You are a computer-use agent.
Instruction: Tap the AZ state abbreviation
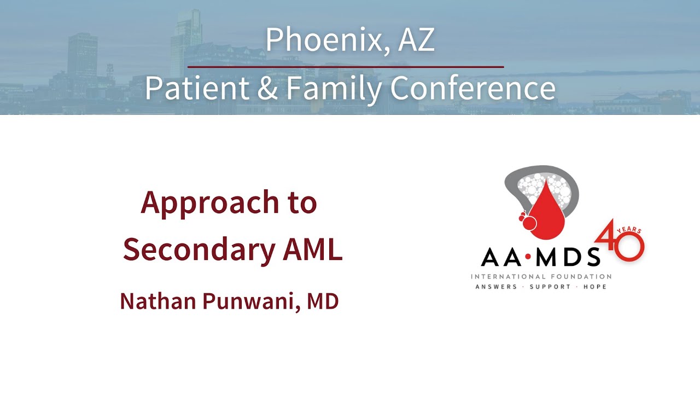416,40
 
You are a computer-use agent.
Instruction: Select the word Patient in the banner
197,88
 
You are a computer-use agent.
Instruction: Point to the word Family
334,89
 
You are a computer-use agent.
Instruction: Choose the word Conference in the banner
473,88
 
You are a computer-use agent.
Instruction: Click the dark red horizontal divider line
346,67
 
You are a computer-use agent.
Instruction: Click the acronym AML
313,249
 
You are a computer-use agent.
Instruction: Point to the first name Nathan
158,301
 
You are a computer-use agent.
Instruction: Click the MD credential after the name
323,301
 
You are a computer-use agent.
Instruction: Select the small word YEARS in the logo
629,230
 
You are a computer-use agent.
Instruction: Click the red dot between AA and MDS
528,257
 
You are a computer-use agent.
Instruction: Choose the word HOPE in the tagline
595,287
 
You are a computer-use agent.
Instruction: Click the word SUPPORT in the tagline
550,287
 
